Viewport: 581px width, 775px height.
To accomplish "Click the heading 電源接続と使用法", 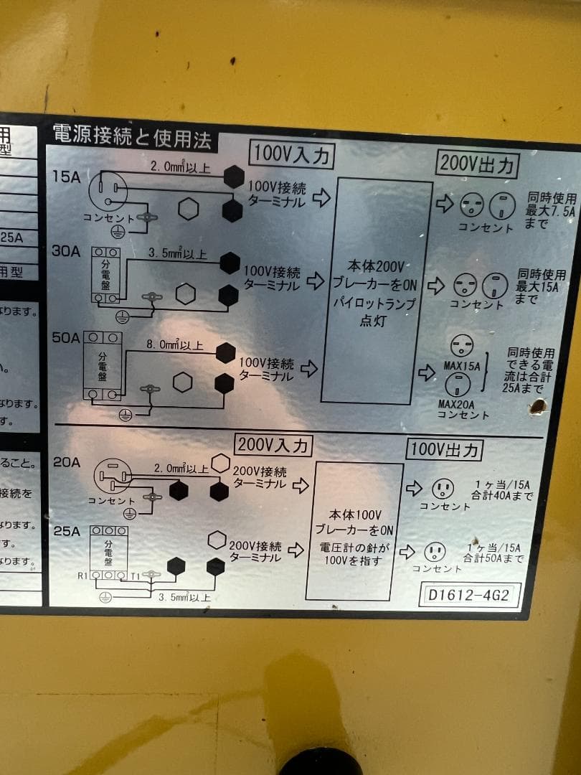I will coord(132,136).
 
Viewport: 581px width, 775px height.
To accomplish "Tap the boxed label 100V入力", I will coord(291,154).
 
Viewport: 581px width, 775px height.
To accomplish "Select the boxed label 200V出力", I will coord(477,165).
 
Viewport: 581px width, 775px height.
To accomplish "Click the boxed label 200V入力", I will coord(273,445).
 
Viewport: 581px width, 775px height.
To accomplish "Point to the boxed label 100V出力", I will coord(444,450).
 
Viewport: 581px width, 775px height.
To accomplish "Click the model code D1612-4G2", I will coord(470,595).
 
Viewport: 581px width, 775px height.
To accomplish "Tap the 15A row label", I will coord(67,176).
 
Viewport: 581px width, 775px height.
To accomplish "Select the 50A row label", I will coord(65,337).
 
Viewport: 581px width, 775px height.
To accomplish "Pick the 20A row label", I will coord(66,462).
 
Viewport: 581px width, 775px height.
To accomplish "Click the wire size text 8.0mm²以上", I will coord(174,345).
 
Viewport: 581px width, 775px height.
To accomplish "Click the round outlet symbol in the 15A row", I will coord(108,191).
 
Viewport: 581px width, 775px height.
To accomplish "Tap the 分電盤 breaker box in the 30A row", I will coord(105,275).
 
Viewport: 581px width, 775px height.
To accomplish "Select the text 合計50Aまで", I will coord(493,558).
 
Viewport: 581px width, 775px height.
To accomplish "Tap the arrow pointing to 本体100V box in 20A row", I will coord(301,486).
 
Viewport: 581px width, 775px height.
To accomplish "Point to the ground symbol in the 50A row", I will coord(125,414).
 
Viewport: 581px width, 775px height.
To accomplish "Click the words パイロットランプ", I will coord(374,304).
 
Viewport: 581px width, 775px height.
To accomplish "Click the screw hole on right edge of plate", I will coord(537,407).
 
